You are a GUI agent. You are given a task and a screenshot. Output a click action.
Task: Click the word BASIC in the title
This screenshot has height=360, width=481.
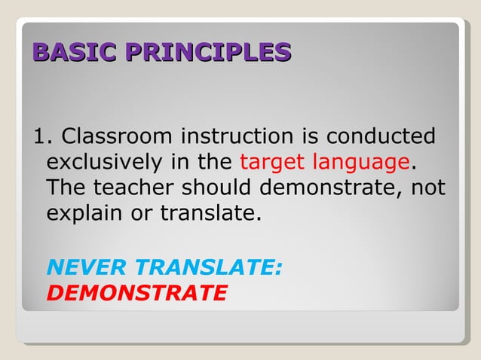tap(75, 52)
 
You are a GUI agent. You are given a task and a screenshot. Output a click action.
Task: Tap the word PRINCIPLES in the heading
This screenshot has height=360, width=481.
tap(208, 52)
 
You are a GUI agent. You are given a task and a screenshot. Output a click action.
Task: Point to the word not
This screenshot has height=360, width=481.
tap(427, 188)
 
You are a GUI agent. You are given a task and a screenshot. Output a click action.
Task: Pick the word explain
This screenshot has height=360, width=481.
tap(85, 213)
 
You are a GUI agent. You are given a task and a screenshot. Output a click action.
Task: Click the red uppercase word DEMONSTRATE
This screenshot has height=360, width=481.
tap(136, 292)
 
